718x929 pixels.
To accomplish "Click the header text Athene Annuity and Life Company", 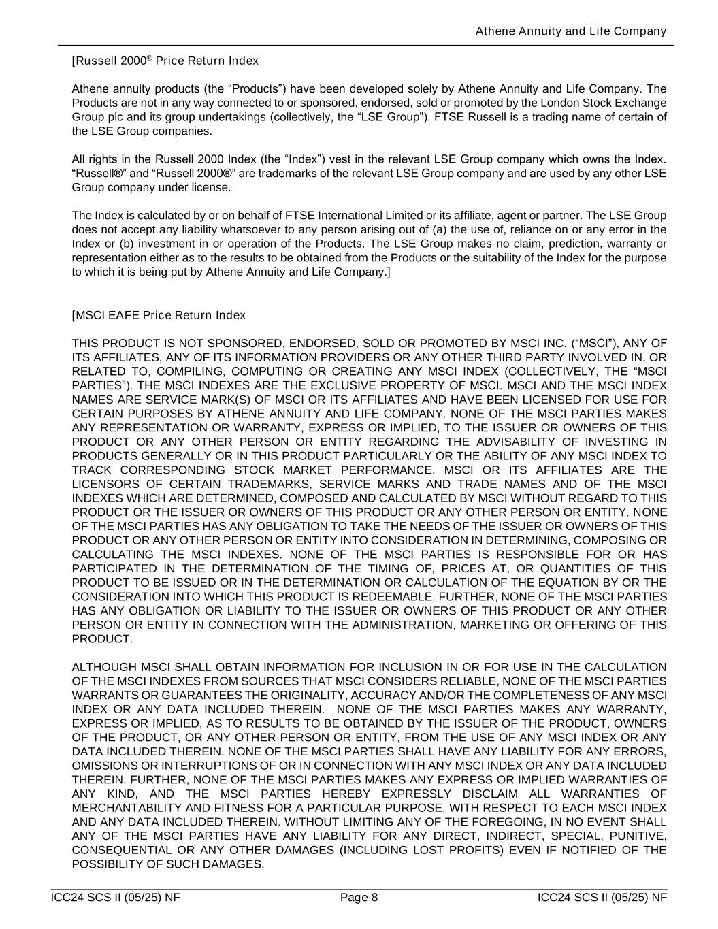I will [x=570, y=31].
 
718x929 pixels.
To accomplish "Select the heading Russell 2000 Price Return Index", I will [x=165, y=61].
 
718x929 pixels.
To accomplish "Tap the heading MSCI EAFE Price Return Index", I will [x=159, y=316].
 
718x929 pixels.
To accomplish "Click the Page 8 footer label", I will [x=359, y=898].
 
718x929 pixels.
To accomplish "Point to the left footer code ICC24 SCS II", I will [x=115, y=898].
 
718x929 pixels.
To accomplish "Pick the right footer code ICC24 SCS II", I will [x=602, y=898].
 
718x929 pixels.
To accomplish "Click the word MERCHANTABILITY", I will [x=131, y=808].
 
